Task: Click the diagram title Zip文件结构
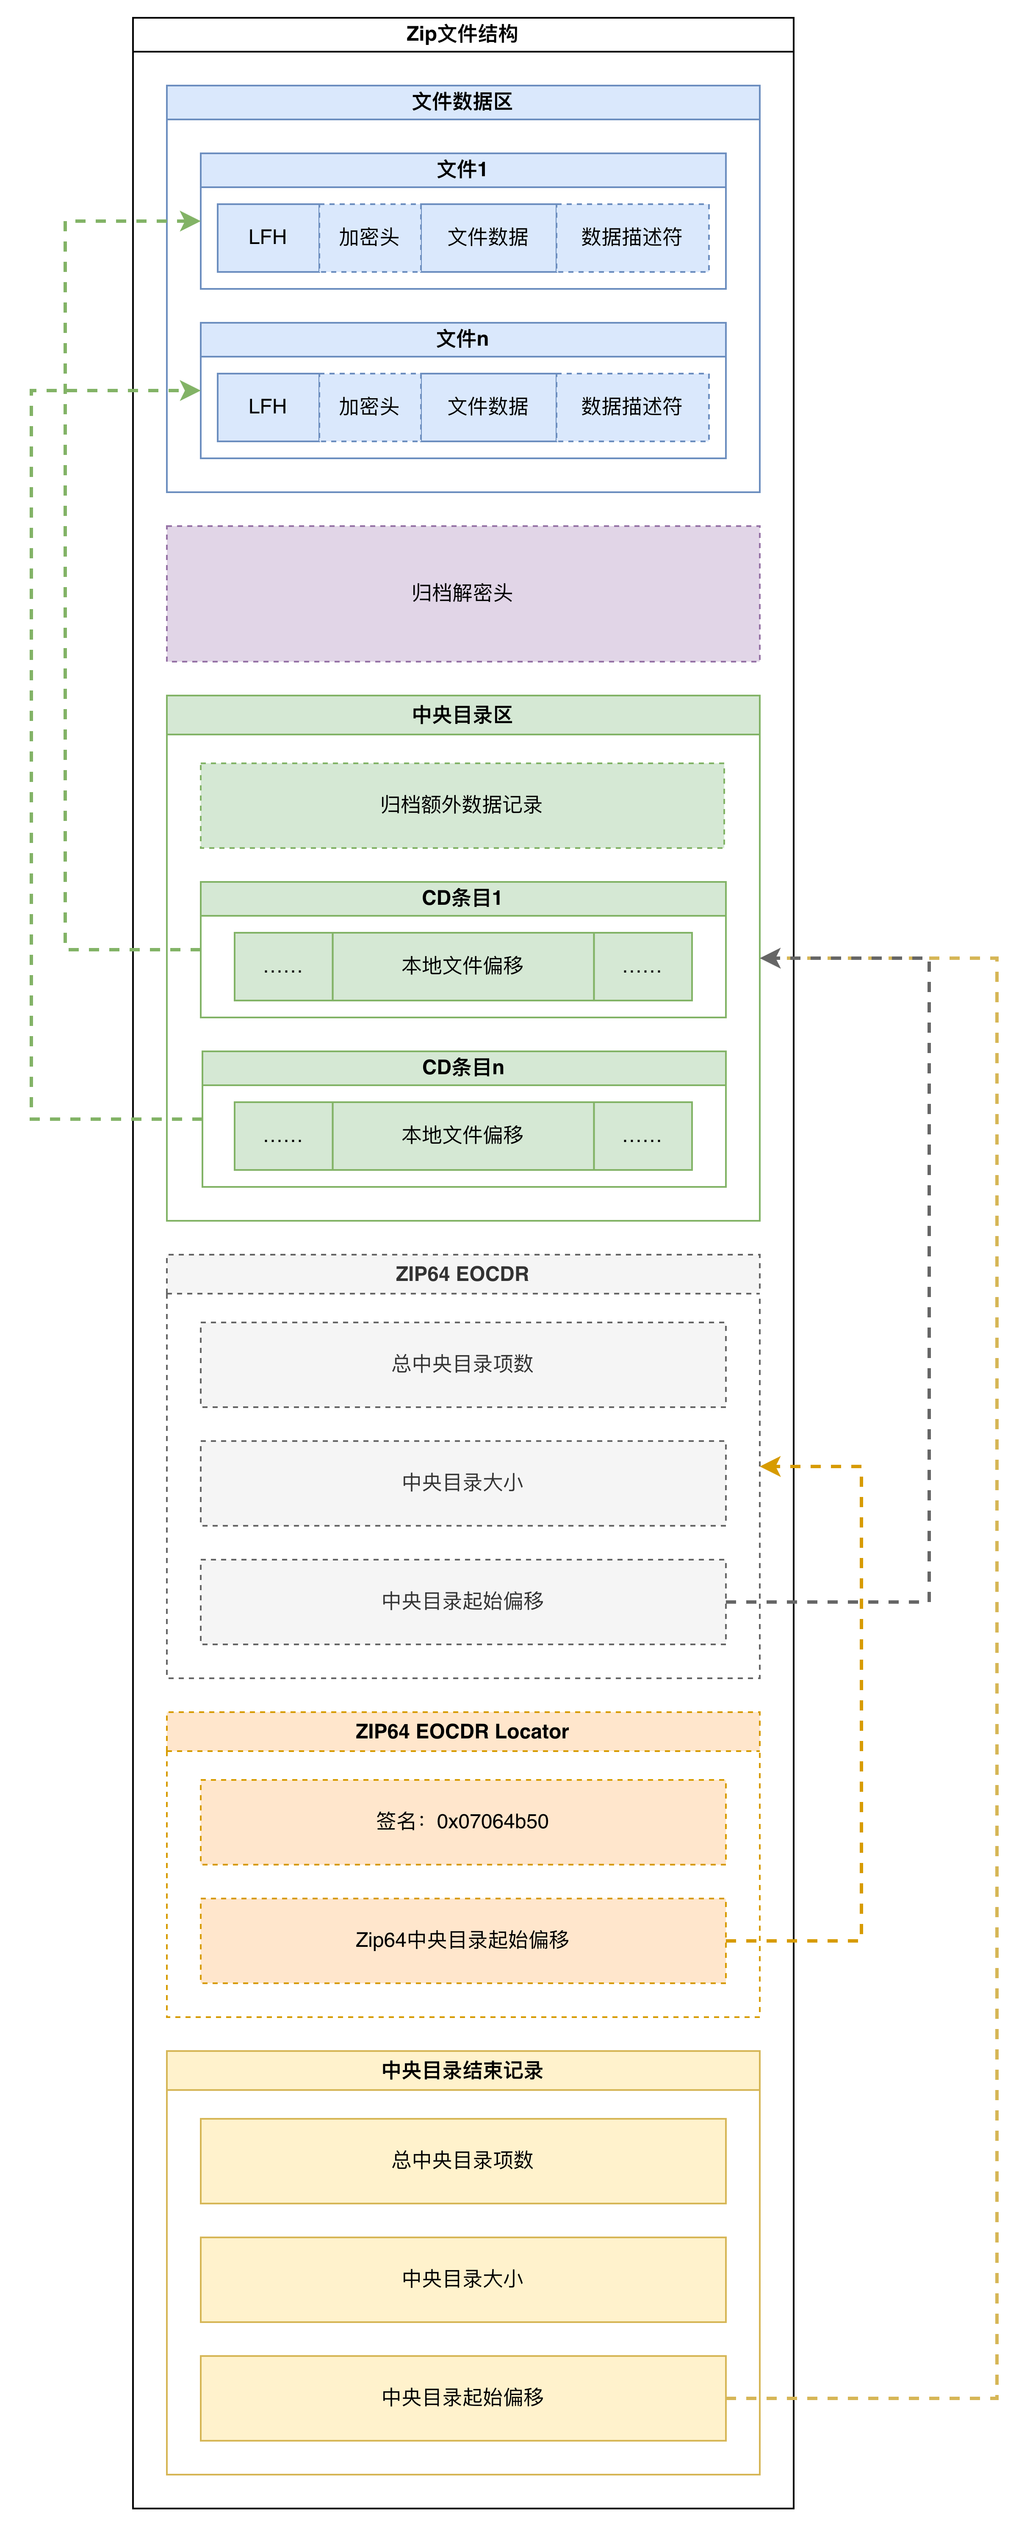tap(462, 34)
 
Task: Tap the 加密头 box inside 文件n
tap(369, 406)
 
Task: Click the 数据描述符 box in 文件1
tap(632, 238)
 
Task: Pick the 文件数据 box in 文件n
tap(487, 406)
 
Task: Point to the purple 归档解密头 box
tap(462, 593)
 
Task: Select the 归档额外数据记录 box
tap(462, 805)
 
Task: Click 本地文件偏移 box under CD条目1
tap(462, 966)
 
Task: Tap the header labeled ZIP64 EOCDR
tap(462, 1274)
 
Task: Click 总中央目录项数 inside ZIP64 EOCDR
tap(462, 1364)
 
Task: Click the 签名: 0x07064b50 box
tap(462, 1821)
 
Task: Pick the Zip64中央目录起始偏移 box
tap(462, 1940)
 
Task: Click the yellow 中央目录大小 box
tap(462, 2279)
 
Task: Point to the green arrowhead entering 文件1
tap(189, 222)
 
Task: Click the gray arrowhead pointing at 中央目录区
tap(771, 958)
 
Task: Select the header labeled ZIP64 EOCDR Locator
tap(462, 1731)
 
